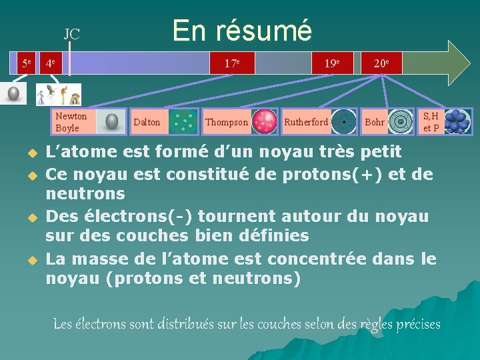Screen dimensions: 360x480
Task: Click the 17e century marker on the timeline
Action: (x=232, y=63)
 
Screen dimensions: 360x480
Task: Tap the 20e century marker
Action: (x=381, y=63)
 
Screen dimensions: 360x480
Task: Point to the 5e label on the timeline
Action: (x=26, y=63)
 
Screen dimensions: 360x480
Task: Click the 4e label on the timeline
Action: (x=50, y=64)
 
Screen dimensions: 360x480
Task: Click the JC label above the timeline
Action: (x=71, y=34)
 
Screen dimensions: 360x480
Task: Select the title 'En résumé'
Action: (x=241, y=30)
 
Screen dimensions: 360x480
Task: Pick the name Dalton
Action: (x=147, y=122)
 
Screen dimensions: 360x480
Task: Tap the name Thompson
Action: (x=226, y=122)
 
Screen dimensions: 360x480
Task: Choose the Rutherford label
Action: (x=305, y=122)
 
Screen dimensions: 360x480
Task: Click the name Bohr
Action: (x=374, y=122)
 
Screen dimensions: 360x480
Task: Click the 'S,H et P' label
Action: (x=431, y=122)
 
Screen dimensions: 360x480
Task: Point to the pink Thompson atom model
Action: (x=265, y=122)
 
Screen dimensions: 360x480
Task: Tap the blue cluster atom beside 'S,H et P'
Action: (x=457, y=121)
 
